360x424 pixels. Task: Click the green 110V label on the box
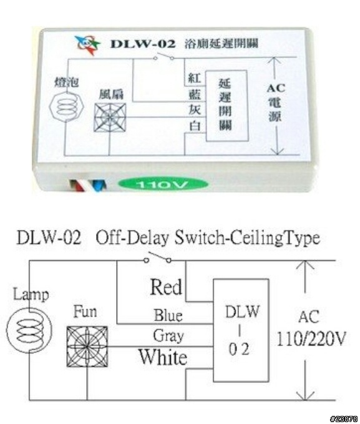pyautogui.click(x=163, y=184)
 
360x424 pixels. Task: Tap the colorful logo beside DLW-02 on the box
pyautogui.click(x=87, y=44)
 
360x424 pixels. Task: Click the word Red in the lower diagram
pyautogui.click(x=166, y=287)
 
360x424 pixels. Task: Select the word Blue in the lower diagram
pyautogui.click(x=168, y=315)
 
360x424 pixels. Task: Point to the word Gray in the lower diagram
pyautogui.click(x=168, y=336)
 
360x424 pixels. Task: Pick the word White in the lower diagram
pyautogui.click(x=163, y=357)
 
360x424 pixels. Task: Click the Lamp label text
pyautogui.click(x=31, y=295)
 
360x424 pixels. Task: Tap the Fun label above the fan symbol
pyautogui.click(x=85, y=312)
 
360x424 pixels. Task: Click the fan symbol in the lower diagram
pyautogui.click(x=87, y=347)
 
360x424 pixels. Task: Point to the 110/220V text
pyautogui.click(x=311, y=339)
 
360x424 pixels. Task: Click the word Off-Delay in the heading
pyautogui.click(x=132, y=238)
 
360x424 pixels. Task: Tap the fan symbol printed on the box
pyautogui.click(x=110, y=117)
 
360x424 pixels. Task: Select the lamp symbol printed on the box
pyautogui.click(x=67, y=106)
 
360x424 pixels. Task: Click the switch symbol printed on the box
pyautogui.click(x=163, y=56)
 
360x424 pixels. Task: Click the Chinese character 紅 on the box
pyautogui.click(x=194, y=78)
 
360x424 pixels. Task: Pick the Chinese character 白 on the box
pyautogui.click(x=195, y=126)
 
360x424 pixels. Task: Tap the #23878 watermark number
pyautogui.click(x=344, y=419)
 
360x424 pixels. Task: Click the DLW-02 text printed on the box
pyautogui.click(x=143, y=44)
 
